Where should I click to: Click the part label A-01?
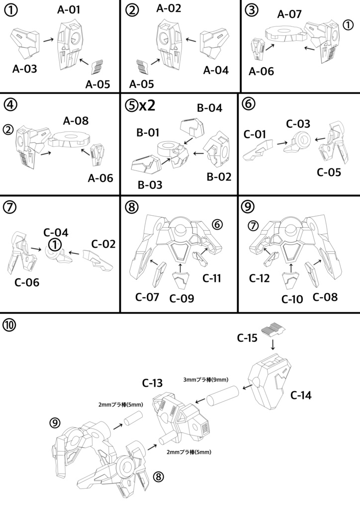pyautogui.click(x=69, y=9)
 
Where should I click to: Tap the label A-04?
pyautogui.click(x=216, y=70)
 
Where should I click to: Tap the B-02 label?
pyautogui.click(x=218, y=176)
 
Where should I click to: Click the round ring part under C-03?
pyautogui.click(x=301, y=142)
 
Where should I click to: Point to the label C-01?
pyautogui.click(x=255, y=134)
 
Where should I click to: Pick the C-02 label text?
pyautogui.click(x=103, y=244)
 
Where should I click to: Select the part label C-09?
pyautogui.click(x=181, y=298)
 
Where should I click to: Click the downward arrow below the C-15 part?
pyautogui.click(x=272, y=344)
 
